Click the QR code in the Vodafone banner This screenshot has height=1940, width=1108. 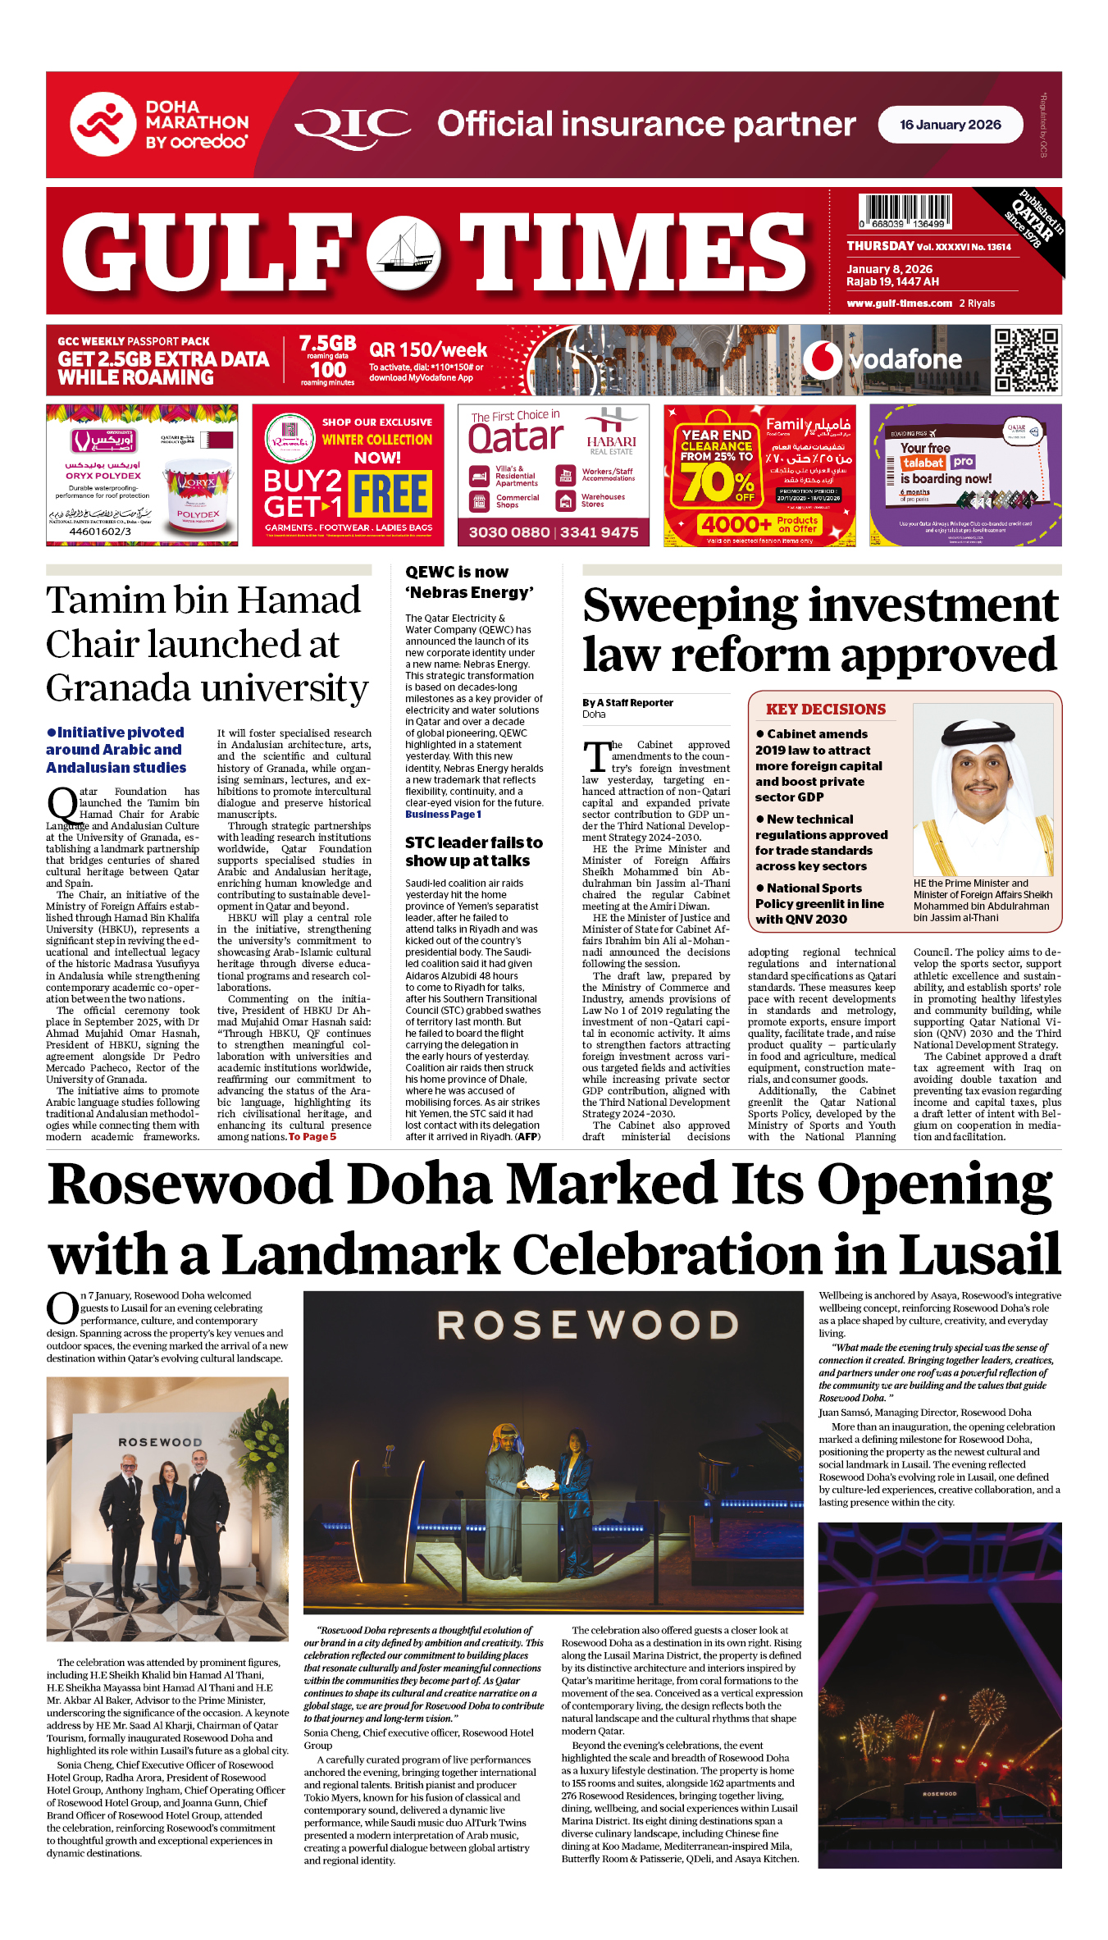coord(1026,360)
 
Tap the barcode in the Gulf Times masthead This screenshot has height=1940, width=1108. coord(905,211)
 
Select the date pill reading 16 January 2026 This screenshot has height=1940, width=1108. coord(950,125)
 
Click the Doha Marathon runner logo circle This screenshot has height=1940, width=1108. coord(103,125)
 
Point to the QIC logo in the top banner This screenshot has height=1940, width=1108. coord(353,126)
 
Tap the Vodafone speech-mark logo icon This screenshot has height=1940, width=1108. coord(822,359)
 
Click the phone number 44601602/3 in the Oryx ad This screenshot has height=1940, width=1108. coord(100,532)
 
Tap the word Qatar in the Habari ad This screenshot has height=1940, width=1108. coord(516,438)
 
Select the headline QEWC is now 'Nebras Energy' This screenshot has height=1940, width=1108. coord(469,582)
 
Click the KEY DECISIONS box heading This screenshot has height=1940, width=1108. coord(825,710)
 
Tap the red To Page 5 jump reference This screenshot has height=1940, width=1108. coord(312,1137)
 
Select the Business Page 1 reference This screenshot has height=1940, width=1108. coord(443,815)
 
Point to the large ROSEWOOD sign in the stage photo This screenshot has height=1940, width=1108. coord(587,1326)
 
